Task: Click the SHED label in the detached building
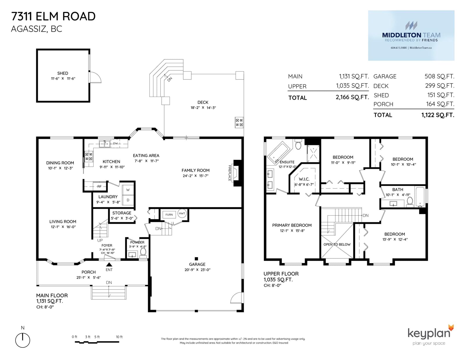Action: tap(63, 73)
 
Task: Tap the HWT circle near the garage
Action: tap(182, 213)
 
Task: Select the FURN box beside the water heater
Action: tap(169, 214)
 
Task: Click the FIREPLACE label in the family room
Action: tap(230, 173)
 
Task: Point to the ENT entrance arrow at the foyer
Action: tap(109, 265)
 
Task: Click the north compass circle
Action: tap(22, 340)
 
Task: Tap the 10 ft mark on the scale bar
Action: tap(119, 337)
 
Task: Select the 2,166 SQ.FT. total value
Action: tap(352, 97)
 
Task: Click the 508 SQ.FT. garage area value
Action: tap(439, 76)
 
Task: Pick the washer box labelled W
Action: tap(128, 190)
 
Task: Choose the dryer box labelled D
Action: tap(128, 200)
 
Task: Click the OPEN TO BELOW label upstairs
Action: tap(337, 244)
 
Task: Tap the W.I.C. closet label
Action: tap(304, 179)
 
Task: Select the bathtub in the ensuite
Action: tap(278, 153)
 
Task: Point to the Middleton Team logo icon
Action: tap(411, 26)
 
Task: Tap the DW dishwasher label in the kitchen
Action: tap(115, 143)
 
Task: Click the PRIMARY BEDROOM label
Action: tap(292, 225)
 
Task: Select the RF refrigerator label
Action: tap(99, 187)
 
